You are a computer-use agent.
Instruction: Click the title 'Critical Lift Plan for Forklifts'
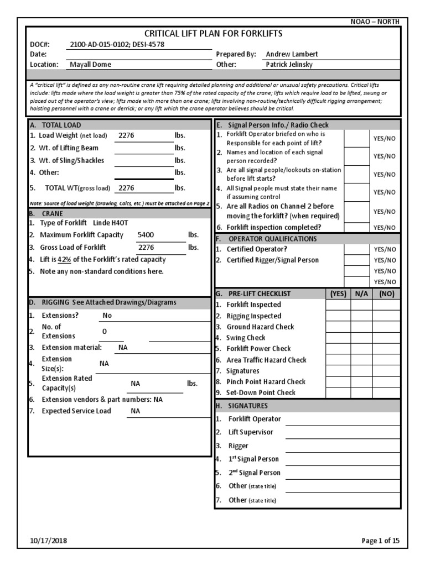tap(213, 34)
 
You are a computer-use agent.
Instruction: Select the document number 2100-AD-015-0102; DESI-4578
tap(117, 44)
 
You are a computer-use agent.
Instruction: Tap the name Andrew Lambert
tap(292, 54)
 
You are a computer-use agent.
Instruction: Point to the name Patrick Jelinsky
tap(290, 65)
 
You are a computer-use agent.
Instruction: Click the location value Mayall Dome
tap(90, 65)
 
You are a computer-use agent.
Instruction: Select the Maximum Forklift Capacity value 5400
tap(146, 235)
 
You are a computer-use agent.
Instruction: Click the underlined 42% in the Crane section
tap(65, 259)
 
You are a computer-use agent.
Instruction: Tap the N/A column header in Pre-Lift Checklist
tap(361, 294)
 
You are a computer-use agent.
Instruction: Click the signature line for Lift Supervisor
tap(343, 432)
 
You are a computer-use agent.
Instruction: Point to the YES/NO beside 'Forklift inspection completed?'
tap(385, 227)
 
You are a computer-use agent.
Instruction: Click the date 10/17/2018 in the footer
tap(48, 542)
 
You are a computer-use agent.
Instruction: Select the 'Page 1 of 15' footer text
tap(381, 542)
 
